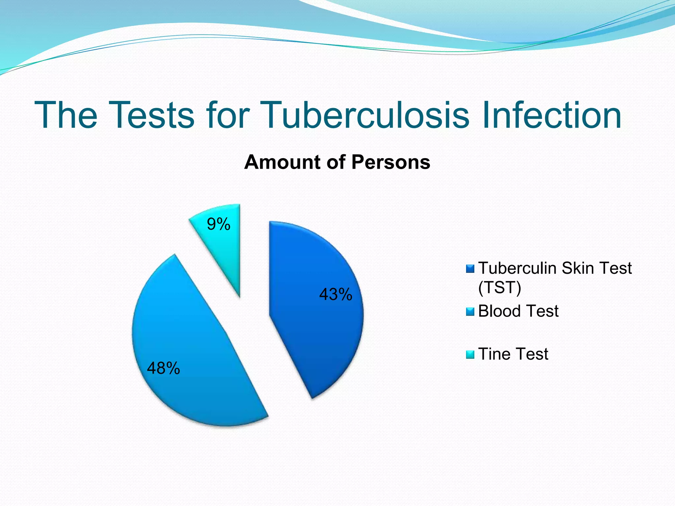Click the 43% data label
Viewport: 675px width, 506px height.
tap(336, 294)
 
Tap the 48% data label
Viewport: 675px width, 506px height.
tap(163, 368)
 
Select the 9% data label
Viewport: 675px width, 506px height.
tap(219, 224)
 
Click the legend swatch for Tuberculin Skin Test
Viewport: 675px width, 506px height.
tap(470, 268)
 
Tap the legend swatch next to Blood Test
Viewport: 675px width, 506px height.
tap(470, 311)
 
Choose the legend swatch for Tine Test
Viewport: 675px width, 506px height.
tap(470, 354)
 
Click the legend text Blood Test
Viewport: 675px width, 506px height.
tap(518, 311)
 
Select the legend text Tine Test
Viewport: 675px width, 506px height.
tap(513, 354)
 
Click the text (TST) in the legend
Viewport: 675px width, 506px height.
tap(500, 287)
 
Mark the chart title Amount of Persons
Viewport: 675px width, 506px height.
tap(337, 162)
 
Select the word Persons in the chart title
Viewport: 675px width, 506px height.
tap(391, 162)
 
